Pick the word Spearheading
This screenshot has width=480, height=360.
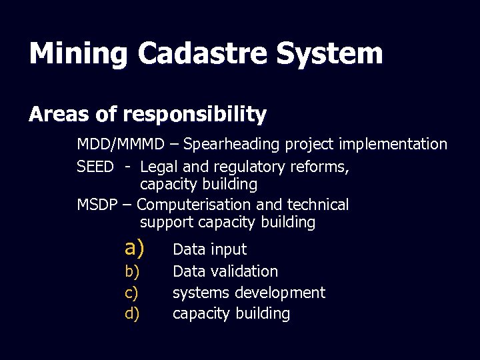pos(233,144)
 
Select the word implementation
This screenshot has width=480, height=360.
pos(397,144)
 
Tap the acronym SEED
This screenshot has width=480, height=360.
pos(95,167)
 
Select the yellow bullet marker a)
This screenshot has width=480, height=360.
pos(134,249)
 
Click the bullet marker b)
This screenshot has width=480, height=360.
pos(132,271)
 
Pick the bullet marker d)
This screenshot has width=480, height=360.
pos(132,314)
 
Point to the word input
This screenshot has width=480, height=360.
pos(229,250)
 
